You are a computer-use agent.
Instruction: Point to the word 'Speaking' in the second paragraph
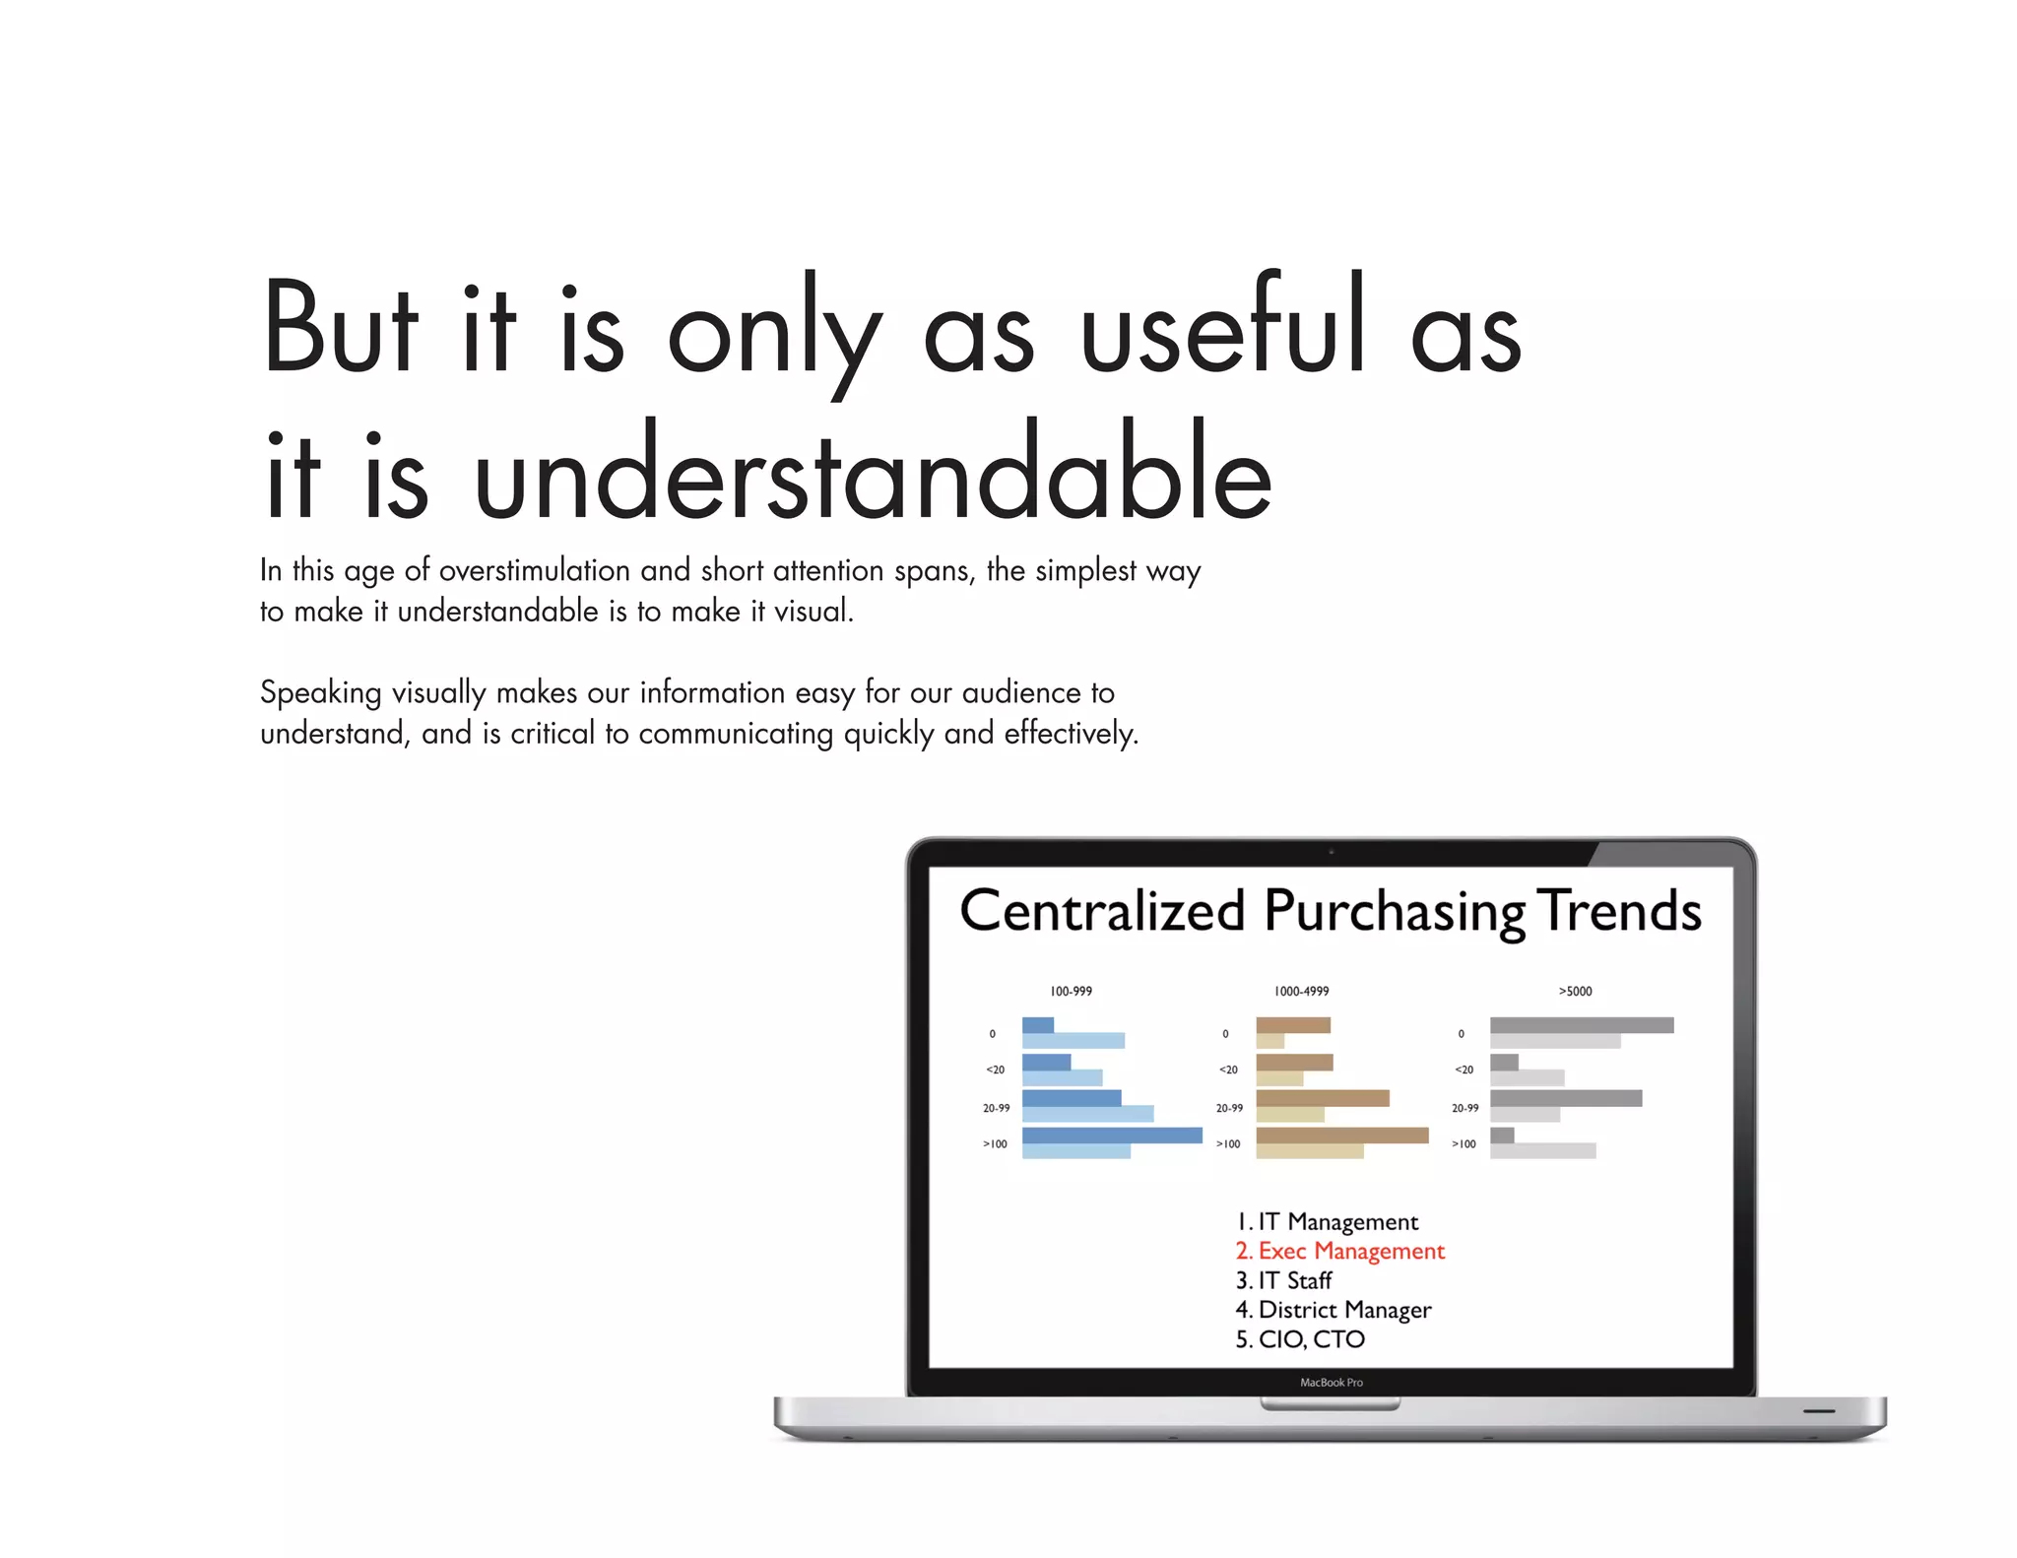click(320, 693)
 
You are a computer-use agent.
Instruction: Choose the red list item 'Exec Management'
click(1339, 1251)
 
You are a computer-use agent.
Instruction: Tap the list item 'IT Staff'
click(1283, 1280)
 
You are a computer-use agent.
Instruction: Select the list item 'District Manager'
click(1333, 1310)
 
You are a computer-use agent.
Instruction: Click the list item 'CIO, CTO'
click(1300, 1339)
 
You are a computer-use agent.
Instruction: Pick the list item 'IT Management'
click(1327, 1222)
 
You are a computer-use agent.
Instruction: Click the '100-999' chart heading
click(1071, 991)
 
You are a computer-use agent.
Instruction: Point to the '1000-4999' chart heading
click(1301, 991)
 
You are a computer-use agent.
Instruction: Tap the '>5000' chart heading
click(1575, 991)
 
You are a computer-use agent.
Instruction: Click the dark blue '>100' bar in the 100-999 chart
click(1112, 1136)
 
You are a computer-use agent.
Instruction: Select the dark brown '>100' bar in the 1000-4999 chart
click(1341, 1136)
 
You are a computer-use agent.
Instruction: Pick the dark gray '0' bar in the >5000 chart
click(1582, 1025)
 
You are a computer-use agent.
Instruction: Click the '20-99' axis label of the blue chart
click(996, 1108)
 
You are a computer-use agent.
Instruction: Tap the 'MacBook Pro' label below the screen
click(1332, 1383)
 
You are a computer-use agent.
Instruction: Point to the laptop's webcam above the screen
click(1332, 851)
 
